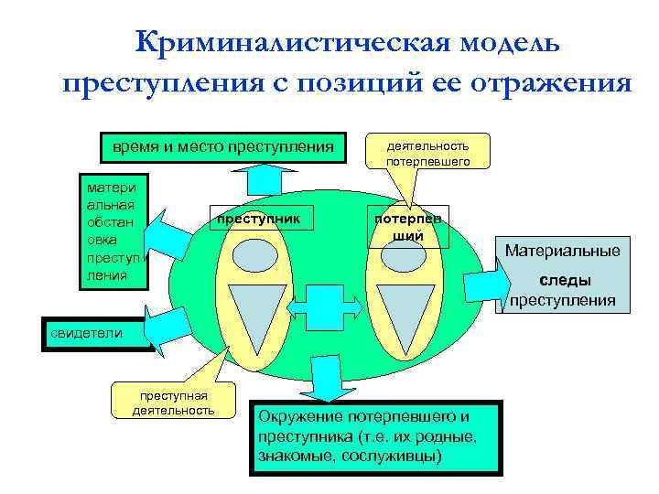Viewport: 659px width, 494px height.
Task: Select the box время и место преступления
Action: [x=223, y=147]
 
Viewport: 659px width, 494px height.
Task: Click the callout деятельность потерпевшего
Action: [x=428, y=153]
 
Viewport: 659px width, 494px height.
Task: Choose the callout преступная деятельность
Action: [x=172, y=402]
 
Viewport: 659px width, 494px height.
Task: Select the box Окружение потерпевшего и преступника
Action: [x=376, y=436]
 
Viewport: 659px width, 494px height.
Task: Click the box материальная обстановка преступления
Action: [x=113, y=230]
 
